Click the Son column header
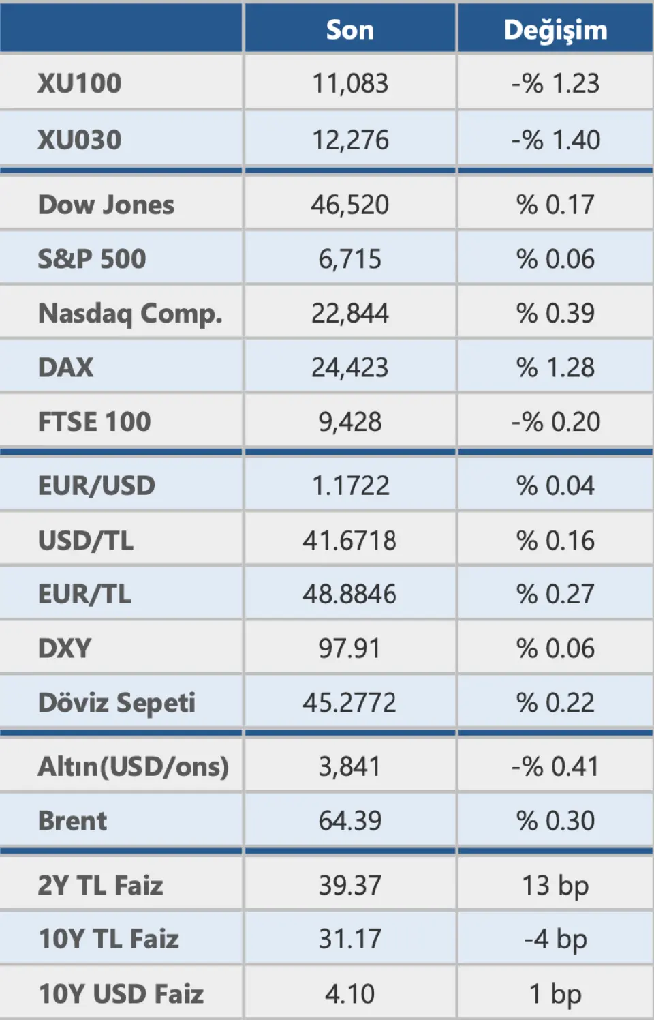(x=349, y=30)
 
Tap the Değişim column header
(x=555, y=30)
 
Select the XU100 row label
(x=80, y=83)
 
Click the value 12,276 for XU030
(x=350, y=140)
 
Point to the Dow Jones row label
(x=106, y=205)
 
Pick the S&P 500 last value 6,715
(x=350, y=259)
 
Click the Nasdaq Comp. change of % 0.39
(x=555, y=313)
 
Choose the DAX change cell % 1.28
(x=555, y=367)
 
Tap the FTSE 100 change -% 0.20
(x=555, y=422)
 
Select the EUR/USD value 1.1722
(x=350, y=485)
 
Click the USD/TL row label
(x=86, y=541)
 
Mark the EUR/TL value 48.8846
(x=349, y=595)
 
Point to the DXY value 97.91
(x=349, y=648)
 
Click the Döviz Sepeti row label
(x=116, y=703)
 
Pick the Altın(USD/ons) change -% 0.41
(x=555, y=767)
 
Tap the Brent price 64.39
(x=350, y=821)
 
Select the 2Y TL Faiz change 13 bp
(x=555, y=886)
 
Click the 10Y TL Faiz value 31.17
(x=350, y=940)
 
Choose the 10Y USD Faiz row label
(x=121, y=994)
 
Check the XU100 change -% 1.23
(x=555, y=83)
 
